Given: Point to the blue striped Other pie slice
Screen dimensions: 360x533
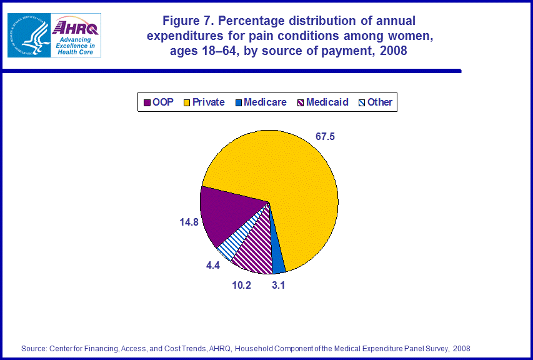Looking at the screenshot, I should pos(230,246).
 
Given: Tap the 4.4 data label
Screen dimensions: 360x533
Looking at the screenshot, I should pos(213,265).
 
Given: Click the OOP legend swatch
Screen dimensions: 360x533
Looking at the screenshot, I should pos(147,102).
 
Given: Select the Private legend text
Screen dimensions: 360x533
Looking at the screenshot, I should pos(209,102).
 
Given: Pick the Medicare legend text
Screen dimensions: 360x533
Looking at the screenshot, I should pos(265,102).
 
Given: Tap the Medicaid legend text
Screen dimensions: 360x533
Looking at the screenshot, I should pos(327,102).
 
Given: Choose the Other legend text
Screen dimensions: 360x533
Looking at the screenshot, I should pos(380,102).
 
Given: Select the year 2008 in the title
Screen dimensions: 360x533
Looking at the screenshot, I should pos(393,51).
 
